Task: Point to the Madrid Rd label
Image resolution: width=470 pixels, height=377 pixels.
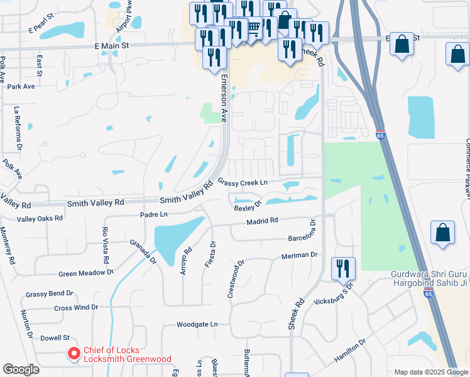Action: pyautogui.click(x=262, y=221)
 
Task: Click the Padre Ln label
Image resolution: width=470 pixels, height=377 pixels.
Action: pyautogui.click(x=154, y=214)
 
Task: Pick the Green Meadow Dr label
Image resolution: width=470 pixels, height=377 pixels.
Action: pyautogui.click(x=86, y=273)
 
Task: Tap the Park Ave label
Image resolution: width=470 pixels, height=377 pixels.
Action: pyautogui.click(x=21, y=86)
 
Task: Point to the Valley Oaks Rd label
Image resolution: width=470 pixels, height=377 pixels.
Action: pyautogui.click(x=40, y=219)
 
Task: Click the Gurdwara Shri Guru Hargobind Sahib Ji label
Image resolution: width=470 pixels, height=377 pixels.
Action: pyautogui.click(x=429, y=278)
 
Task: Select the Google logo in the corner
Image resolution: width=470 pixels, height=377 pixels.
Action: pyautogui.click(x=21, y=369)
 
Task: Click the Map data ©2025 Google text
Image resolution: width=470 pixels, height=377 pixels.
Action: pyautogui.click(x=430, y=372)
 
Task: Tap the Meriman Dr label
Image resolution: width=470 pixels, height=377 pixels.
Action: pyautogui.click(x=302, y=255)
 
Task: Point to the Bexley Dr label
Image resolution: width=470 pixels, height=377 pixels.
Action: pyautogui.click(x=248, y=207)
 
